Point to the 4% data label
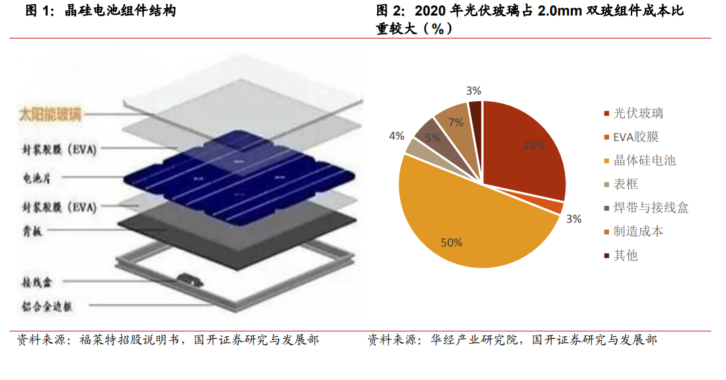coord(397,136)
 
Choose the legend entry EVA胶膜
coord(635,137)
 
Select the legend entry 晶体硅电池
coord(644,161)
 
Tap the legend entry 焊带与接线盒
coord(650,208)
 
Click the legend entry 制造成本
coord(638,232)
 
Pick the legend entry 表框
coord(625,184)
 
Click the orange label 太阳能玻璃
coord(50,115)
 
